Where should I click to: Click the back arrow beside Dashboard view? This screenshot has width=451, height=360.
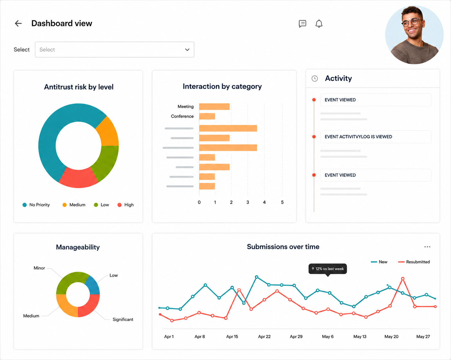pos(18,23)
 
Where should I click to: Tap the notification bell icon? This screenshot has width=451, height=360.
pos(319,23)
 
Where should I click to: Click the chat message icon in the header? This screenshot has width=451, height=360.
pos(302,24)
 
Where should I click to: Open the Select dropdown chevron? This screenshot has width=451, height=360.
pos(187,50)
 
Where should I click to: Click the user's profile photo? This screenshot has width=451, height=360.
pos(414,35)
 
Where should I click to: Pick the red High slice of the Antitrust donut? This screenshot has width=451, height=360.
pos(78,178)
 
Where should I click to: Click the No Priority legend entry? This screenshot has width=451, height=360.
pos(36,205)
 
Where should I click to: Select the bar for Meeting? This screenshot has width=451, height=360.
pos(214,107)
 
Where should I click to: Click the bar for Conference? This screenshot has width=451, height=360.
pos(207,116)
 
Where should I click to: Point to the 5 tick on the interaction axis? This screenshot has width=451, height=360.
pos(282,202)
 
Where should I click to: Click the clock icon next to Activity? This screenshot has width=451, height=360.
pos(315,79)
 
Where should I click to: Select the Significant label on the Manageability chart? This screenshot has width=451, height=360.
pos(123,319)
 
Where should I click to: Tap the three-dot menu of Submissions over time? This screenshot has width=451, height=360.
pos(427,247)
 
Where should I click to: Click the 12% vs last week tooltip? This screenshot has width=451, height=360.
pos(328,269)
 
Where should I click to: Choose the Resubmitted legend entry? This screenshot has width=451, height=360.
pos(414,262)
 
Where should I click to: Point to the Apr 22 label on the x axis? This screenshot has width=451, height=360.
pos(264,337)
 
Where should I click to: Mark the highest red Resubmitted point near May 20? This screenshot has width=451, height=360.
pos(402,279)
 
